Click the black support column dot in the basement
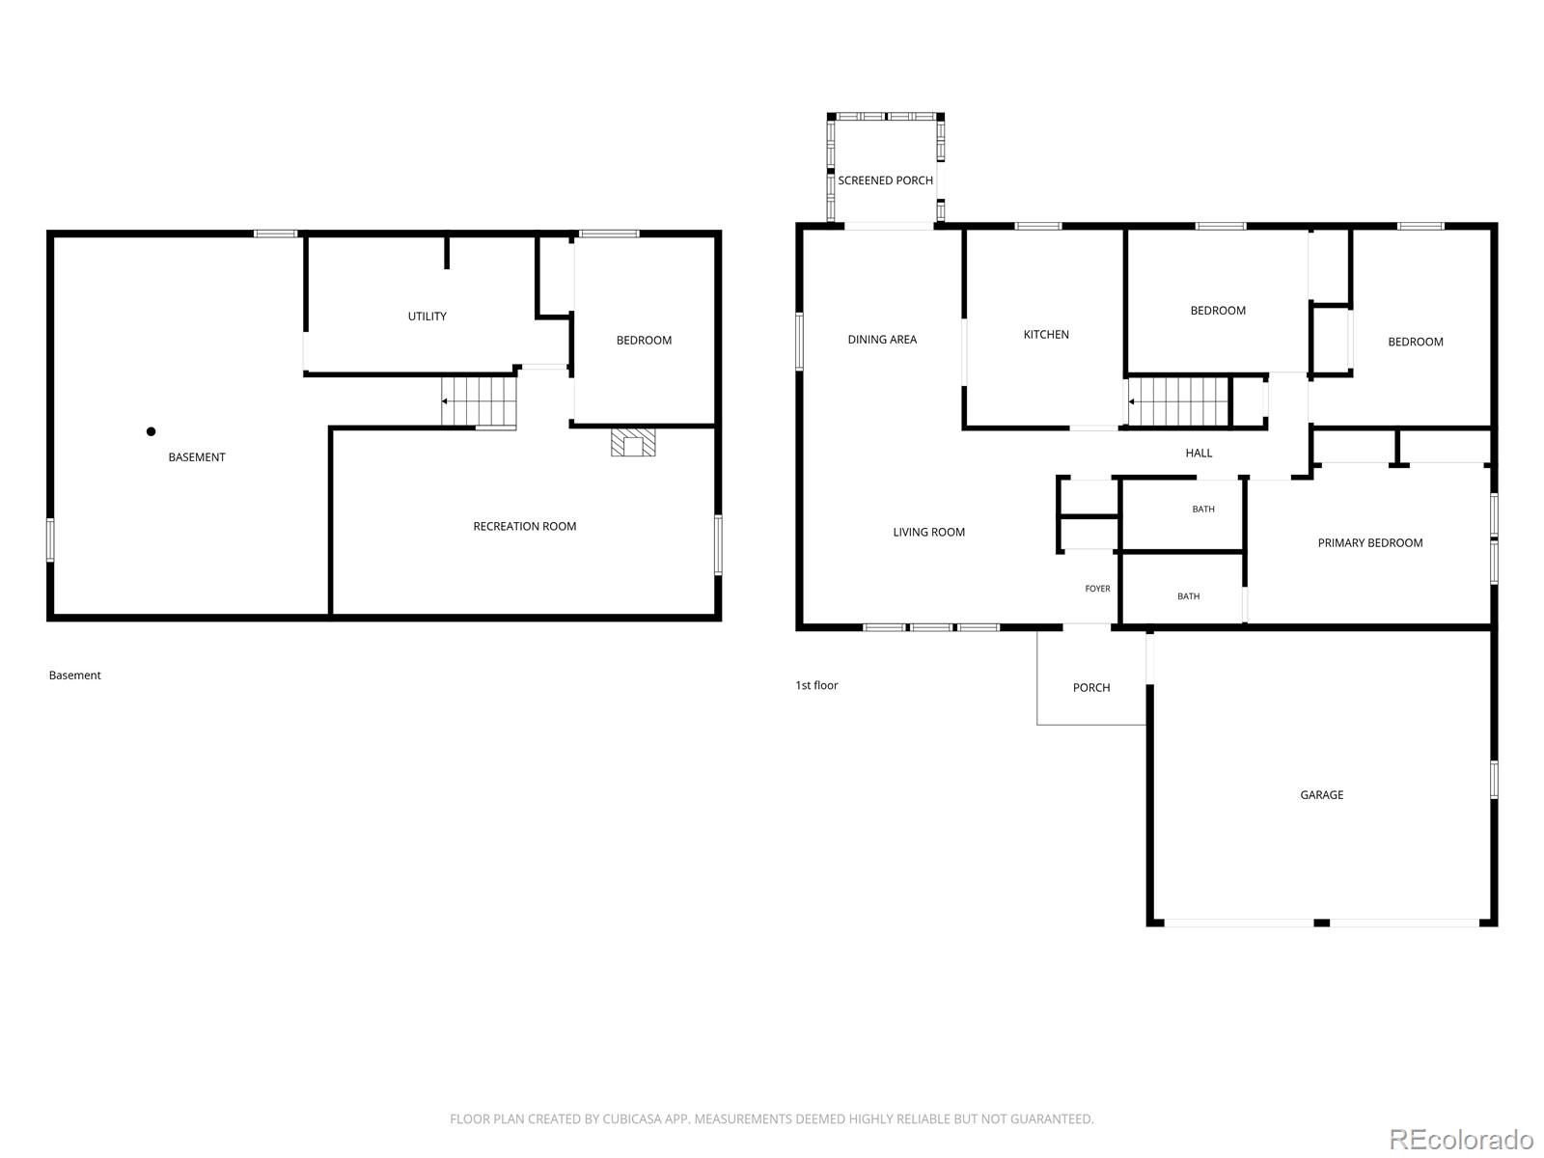click(x=151, y=431)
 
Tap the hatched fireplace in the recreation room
click(x=632, y=442)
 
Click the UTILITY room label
click(x=427, y=317)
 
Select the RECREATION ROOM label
click(x=524, y=526)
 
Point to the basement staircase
click(x=479, y=401)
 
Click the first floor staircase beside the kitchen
click(x=1177, y=401)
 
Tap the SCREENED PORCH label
click(x=885, y=180)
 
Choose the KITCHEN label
click(x=1045, y=335)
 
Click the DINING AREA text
click(x=882, y=340)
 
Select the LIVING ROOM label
click(x=928, y=533)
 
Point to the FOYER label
click(x=1097, y=589)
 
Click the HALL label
click(x=1199, y=453)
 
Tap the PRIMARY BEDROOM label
click(x=1369, y=542)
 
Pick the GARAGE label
click(x=1321, y=794)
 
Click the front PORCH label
click(x=1091, y=688)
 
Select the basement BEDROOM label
click(x=644, y=341)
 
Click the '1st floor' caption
click(x=816, y=685)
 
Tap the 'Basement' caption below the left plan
click(x=74, y=675)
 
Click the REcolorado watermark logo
click(x=1462, y=1139)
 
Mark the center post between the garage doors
click(x=1321, y=923)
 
